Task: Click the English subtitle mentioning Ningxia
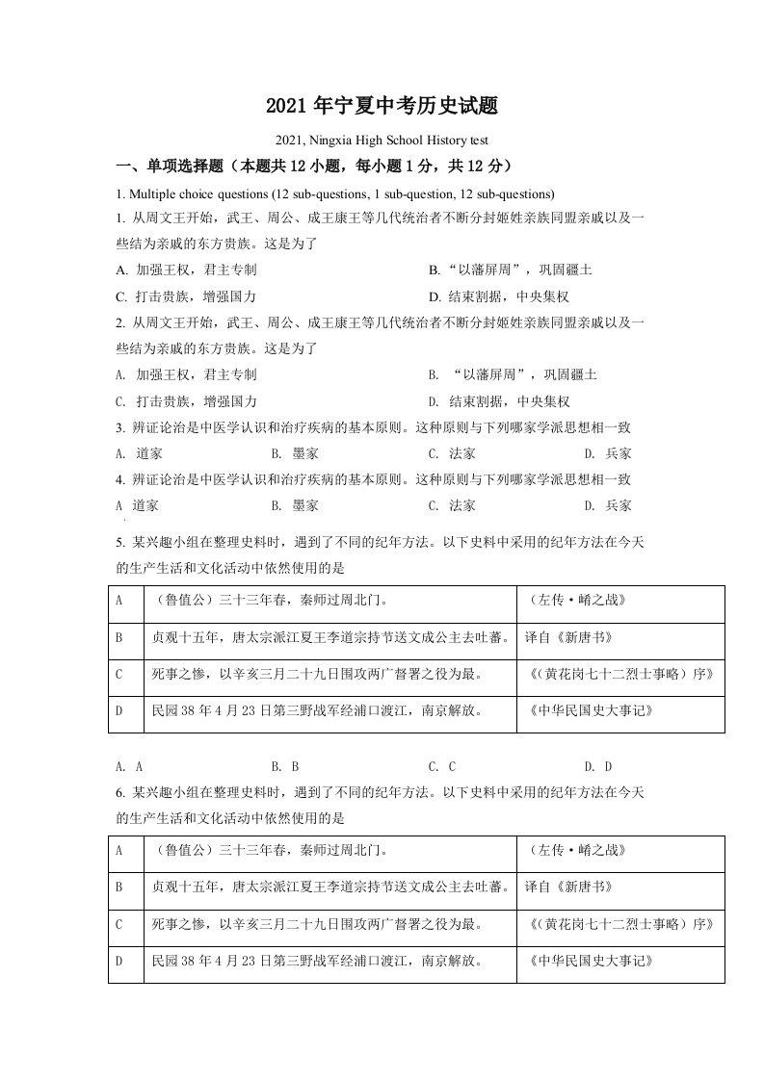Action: click(382, 141)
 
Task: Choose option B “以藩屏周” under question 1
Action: click(511, 270)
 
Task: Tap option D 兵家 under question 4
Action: click(608, 505)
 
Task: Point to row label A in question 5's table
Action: click(119, 601)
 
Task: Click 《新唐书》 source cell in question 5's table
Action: click(568, 637)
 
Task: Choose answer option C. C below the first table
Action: click(441, 767)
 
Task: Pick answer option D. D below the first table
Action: click(598, 767)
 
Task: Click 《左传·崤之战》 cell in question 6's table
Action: click(578, 850)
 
